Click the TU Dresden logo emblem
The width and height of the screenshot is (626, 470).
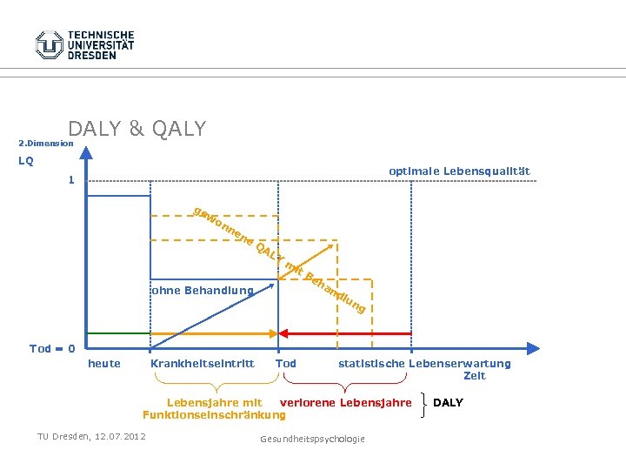tap(50, 44)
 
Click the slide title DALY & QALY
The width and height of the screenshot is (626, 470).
tap(137, 129)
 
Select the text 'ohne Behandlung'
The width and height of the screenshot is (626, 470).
tap(202, 290)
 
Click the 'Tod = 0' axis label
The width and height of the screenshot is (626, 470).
tap(51, 348)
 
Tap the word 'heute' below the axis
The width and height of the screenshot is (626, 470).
tap(104, 363)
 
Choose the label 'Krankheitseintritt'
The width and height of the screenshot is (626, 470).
tap(202, 363)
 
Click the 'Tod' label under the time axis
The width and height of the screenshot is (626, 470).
tap(285, 363)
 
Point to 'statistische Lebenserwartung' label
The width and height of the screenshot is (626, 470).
tap(424, 363)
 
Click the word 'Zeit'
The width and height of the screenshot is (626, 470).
tap(475, 376)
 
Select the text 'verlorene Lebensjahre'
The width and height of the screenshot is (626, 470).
tap(345, 402)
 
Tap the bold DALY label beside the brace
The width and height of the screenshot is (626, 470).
tap(448, 402)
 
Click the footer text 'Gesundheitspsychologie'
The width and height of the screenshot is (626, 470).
tap(312, 439)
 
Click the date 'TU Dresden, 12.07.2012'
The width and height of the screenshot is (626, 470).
tap(91, 435)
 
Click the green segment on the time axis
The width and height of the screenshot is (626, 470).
tap(118, 332)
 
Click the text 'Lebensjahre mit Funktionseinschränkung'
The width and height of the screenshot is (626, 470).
tap(213, 408)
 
